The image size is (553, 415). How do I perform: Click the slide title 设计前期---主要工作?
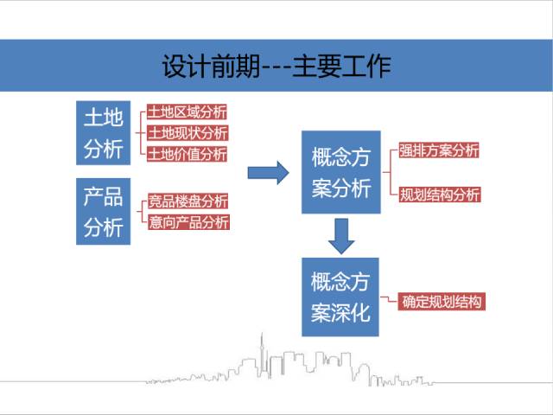276,66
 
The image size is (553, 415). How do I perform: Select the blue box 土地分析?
104,132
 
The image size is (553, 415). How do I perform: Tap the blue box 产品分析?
104,211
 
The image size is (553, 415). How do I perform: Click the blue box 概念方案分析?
341,172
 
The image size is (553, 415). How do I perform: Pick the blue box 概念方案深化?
340,297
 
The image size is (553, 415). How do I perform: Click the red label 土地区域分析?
187,112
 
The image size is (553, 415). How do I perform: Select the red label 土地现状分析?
188,133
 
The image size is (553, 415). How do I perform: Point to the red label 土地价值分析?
188,154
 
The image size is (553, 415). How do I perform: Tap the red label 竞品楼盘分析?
188,201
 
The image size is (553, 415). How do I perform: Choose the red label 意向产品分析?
188,222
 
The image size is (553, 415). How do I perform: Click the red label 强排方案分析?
439,150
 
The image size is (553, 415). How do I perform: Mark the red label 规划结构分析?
440,195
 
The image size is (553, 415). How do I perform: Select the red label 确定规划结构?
442,302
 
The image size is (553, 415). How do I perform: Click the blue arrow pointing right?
269,173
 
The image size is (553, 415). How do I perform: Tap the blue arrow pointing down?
341,236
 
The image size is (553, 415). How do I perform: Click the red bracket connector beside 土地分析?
140,133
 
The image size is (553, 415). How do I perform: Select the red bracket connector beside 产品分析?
142,212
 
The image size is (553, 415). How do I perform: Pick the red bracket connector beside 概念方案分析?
390,172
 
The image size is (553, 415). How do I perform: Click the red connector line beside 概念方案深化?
389,299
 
